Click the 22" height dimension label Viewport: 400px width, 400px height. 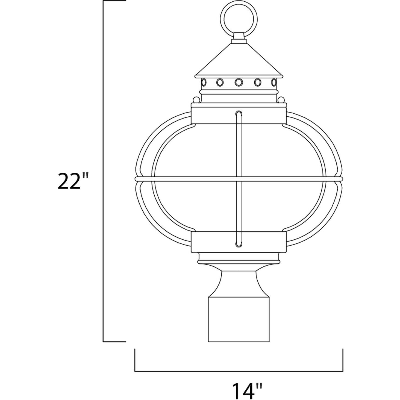click(x=69, y=181)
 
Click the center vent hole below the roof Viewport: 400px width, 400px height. click(x=239, y=82)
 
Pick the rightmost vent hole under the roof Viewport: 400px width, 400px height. click(x=274, y=82)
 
